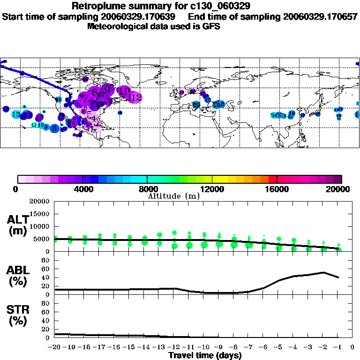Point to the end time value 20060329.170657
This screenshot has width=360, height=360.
320,17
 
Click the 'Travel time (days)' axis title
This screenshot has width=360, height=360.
205,355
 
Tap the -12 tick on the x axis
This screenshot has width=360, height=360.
174,347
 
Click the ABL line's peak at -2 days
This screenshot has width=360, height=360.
323,272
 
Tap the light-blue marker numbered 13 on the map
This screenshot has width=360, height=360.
16,114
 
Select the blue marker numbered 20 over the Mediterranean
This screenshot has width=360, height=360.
196,104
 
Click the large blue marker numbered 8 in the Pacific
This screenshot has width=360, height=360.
54,128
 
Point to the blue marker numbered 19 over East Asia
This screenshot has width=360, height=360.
292,113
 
